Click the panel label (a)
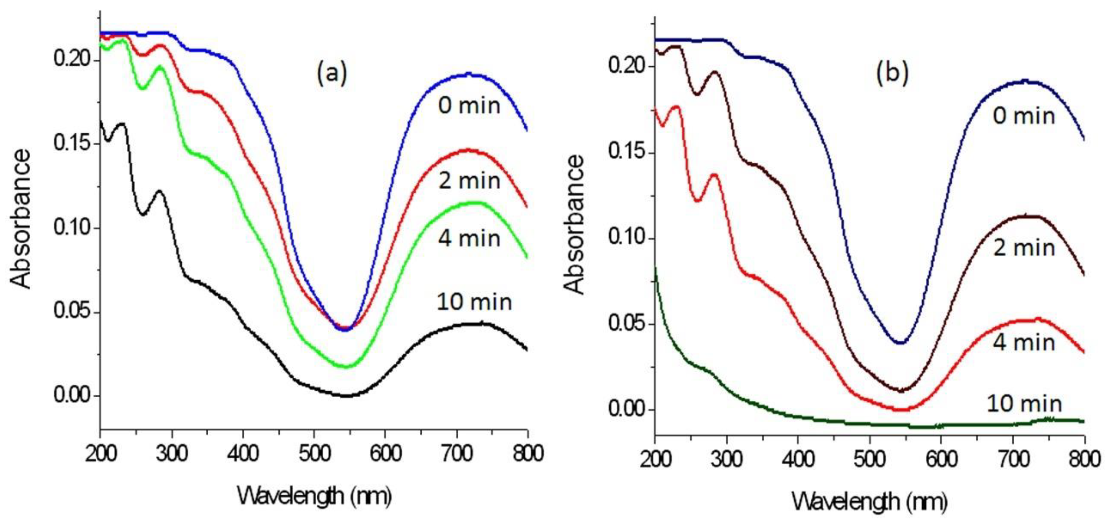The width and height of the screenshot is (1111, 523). pos(332,73)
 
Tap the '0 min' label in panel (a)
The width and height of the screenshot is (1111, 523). pos(469,106)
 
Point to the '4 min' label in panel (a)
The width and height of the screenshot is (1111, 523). pos(469,239)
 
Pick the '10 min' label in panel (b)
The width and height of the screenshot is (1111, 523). pos(1024,404)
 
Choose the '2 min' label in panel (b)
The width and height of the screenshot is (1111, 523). pos(1024,248)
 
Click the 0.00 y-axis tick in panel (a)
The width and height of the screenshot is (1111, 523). pos(74,396)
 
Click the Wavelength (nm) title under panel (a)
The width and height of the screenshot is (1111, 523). pos(314,496)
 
